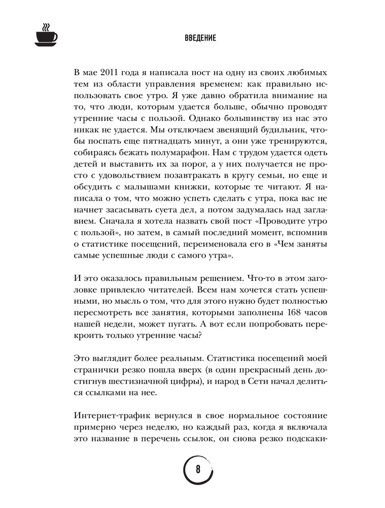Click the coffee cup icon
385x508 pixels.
(x=46, y=36)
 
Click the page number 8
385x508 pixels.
(x=198, y=469)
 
